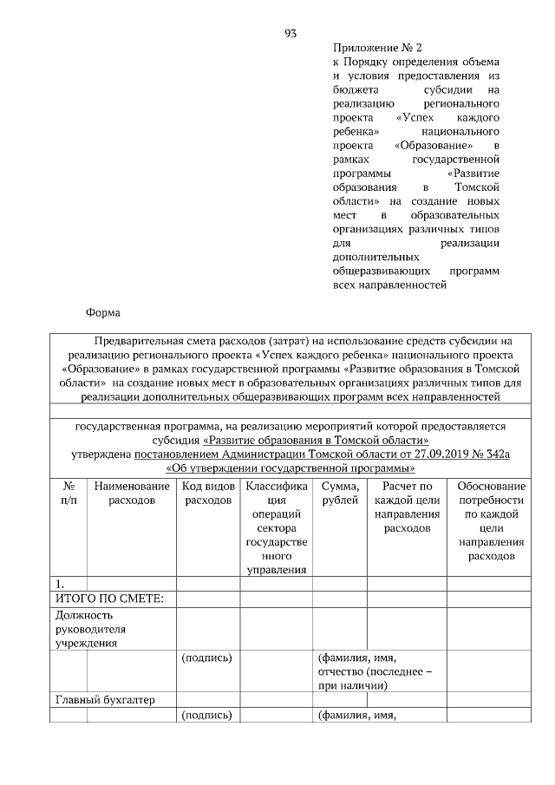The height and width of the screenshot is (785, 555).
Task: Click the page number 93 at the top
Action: tap(291, 34)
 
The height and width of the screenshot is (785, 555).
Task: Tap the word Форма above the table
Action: tap(103, 312)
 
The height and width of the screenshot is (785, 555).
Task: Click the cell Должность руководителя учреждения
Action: tap(91, 629)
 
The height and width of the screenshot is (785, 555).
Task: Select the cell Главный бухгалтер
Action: tap(105, 700)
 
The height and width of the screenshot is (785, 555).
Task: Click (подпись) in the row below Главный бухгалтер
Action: tap(208, 715)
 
